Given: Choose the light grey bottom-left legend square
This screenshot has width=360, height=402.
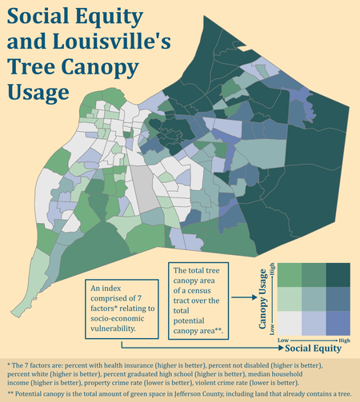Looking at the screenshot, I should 290,323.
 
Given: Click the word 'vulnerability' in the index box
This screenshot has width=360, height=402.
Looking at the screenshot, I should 119,326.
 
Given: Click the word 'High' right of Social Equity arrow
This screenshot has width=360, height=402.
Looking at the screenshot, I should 345,341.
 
